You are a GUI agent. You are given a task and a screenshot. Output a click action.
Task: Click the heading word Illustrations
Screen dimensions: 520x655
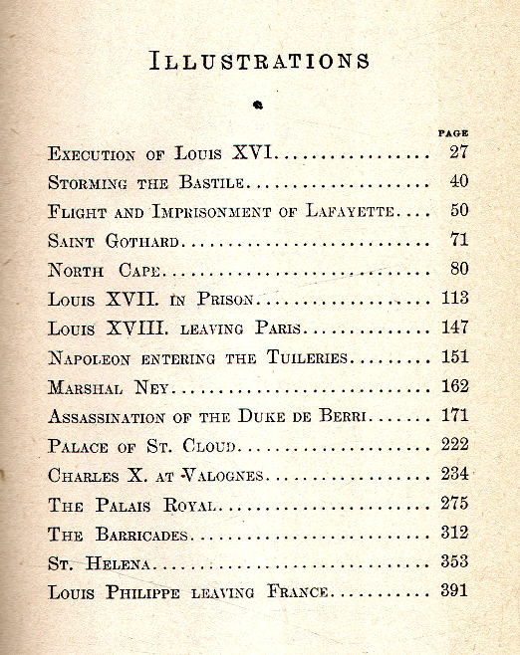(260, 60)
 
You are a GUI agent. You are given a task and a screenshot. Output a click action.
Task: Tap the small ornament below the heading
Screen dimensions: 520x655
(258, 103)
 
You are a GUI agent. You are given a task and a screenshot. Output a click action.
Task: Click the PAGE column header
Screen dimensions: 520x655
(453, 132)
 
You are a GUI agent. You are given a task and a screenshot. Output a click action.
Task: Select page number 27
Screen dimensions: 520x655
(458, 153)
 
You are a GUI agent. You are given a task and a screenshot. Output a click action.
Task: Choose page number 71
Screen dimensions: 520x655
(458, 240)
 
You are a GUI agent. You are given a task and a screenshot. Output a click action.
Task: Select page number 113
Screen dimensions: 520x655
(454, 298)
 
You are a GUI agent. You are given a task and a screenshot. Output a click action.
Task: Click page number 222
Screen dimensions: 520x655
(454, 445)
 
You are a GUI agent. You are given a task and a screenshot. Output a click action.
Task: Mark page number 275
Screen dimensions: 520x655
(454, 503)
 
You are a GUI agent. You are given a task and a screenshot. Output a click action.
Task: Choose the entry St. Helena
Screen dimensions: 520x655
(98, 562)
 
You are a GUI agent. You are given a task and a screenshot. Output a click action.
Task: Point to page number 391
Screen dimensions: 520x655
(454, 590)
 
